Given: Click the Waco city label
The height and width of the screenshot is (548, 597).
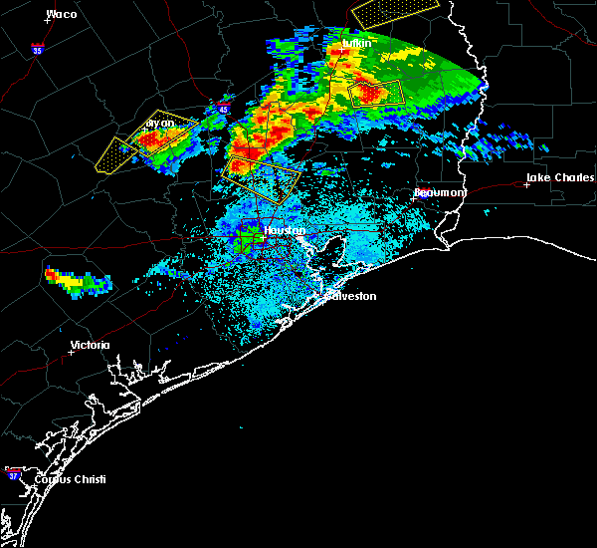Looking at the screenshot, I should point(62,14).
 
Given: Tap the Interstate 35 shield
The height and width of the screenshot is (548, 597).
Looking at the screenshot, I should point(37,48).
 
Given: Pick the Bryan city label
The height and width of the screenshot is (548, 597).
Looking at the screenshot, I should point(159,124).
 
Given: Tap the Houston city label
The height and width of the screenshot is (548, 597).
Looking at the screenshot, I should point(283,230).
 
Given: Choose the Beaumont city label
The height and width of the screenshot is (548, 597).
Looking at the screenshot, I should point(439,192).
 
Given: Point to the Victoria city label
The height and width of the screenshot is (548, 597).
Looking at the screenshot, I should point(90,346).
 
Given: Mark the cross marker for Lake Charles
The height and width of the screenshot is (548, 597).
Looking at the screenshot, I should point(527,184).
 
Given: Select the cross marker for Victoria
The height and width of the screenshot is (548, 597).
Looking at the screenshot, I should point(71,352).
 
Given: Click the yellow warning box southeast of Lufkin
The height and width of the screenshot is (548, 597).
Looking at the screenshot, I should point(376,94).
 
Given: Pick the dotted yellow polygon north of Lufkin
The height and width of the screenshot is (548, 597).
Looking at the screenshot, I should point(394,11).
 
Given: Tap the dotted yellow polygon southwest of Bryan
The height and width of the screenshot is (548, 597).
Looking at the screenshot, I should point(115,154).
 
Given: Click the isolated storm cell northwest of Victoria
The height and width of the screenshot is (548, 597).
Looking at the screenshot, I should point(76,279).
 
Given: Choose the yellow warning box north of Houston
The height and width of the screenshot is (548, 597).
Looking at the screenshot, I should point(264,175).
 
